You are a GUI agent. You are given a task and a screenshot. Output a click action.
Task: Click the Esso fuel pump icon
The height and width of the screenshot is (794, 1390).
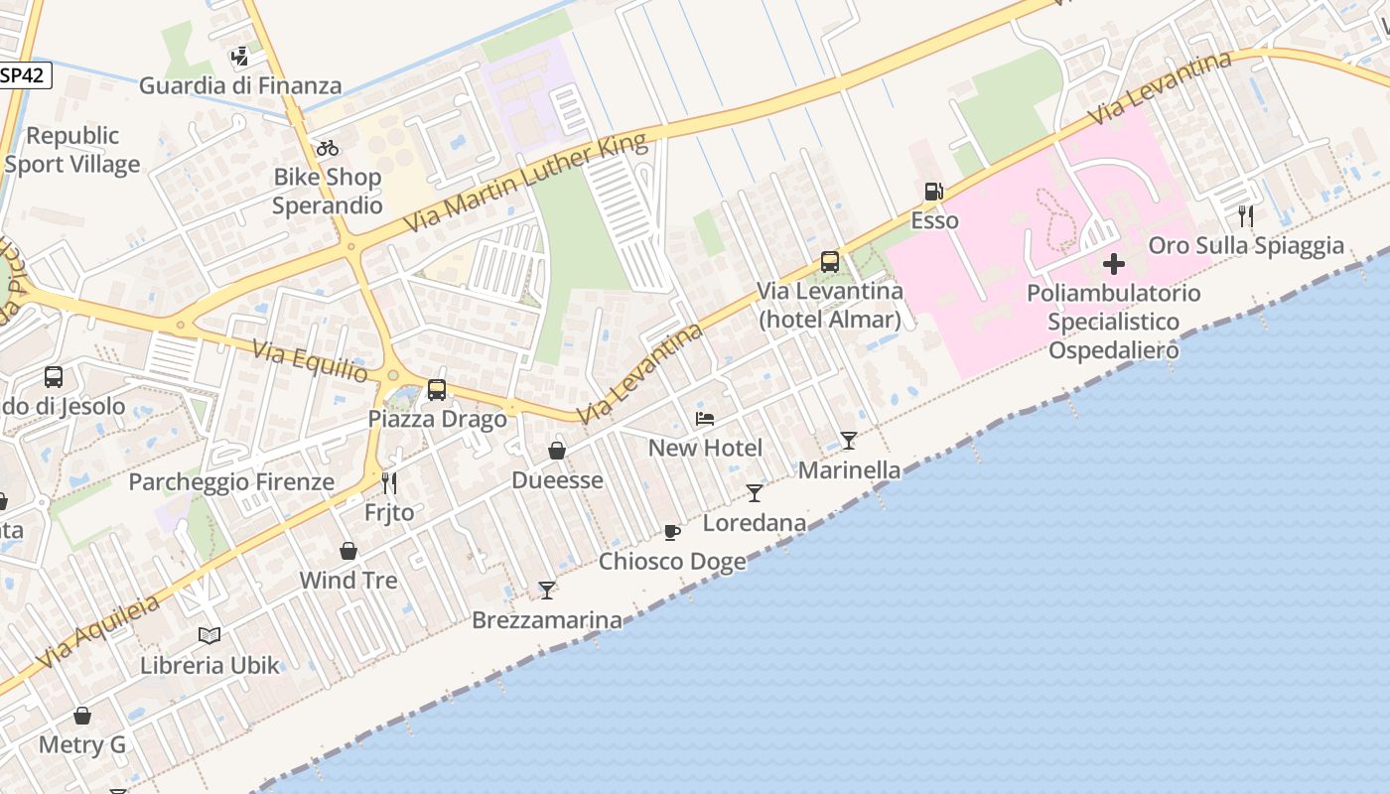point(933,192)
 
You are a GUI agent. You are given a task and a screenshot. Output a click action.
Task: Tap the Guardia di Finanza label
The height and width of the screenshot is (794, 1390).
point(240,85)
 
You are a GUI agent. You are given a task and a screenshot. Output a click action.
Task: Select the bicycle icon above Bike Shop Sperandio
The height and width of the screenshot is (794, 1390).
point(328,148)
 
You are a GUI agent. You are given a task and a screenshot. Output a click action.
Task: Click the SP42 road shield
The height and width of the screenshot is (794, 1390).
point(24,75)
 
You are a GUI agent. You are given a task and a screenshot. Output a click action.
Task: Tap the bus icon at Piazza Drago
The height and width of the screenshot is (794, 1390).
point(437,390)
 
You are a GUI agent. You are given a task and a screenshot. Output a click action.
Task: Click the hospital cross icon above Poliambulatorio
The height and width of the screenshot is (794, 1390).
point(1114,264)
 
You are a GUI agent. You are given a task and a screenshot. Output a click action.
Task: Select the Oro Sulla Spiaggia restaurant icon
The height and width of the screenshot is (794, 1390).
point(1245,216)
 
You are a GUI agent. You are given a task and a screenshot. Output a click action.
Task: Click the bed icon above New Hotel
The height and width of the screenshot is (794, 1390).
point(705,419)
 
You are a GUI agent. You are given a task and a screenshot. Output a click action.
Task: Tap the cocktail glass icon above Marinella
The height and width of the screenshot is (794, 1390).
point(849,440)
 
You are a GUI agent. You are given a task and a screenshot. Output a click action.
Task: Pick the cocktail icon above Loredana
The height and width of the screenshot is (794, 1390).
point(755,493)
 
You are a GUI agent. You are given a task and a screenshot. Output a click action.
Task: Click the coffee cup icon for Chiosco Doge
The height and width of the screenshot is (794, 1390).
point(672,532)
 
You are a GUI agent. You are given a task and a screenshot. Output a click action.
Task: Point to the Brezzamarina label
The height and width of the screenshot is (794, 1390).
point(547,620)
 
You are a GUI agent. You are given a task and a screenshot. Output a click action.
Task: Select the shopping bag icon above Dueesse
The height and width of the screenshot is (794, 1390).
point(557,451)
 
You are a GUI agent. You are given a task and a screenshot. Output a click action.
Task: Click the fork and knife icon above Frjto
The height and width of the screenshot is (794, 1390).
point(389,483)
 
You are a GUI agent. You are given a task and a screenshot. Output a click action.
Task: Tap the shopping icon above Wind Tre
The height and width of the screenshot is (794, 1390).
point(348,551)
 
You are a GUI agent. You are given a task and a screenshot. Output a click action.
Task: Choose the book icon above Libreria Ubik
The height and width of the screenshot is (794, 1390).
point(209,635)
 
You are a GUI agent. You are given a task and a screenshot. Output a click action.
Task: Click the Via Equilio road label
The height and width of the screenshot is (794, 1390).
point(310,361)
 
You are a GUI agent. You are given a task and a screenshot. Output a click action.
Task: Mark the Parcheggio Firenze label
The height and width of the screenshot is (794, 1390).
point(231,482)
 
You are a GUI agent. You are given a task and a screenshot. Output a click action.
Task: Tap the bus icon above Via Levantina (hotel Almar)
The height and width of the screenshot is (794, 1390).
point(830,262)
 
